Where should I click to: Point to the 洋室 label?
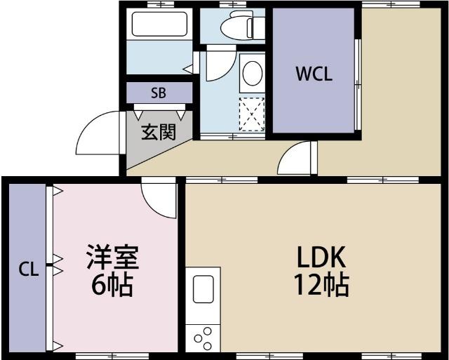click(x=113, y=258)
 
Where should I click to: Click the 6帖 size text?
click(x=112, y=285)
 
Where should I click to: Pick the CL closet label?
click(x=28, y=269)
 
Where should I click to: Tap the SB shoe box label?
click(x=159, y=93)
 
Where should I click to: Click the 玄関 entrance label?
click(x=159, y=131)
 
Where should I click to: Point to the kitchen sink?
click(x=203, y=288)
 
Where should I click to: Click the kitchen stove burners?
click(x=203, y=338)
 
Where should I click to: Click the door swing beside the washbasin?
click(x=214, y=67)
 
